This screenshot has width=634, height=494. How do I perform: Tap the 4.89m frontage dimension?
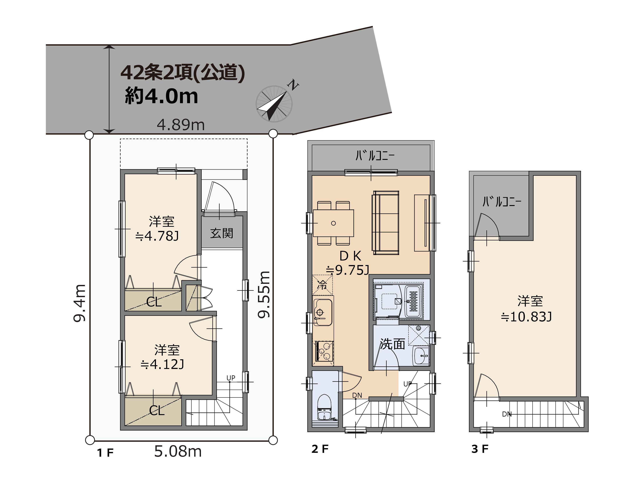click(181, 125)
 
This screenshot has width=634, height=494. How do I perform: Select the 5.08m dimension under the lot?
click(178, 451)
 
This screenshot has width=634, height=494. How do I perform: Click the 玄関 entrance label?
click(222, 233)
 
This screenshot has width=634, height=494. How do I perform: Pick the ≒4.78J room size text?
click(157, 236)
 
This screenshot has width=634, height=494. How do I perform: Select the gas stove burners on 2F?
click(324, 351)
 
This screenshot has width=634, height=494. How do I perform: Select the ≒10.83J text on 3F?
click(526, 317)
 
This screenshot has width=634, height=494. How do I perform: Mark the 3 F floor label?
click(480, 449)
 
